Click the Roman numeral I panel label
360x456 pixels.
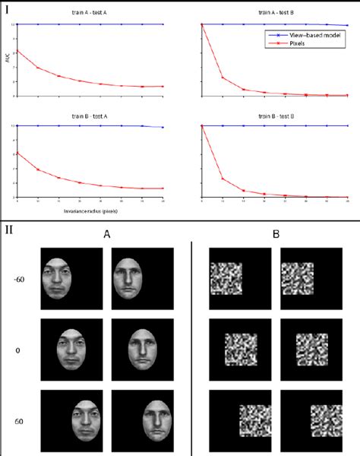(8, 9)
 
